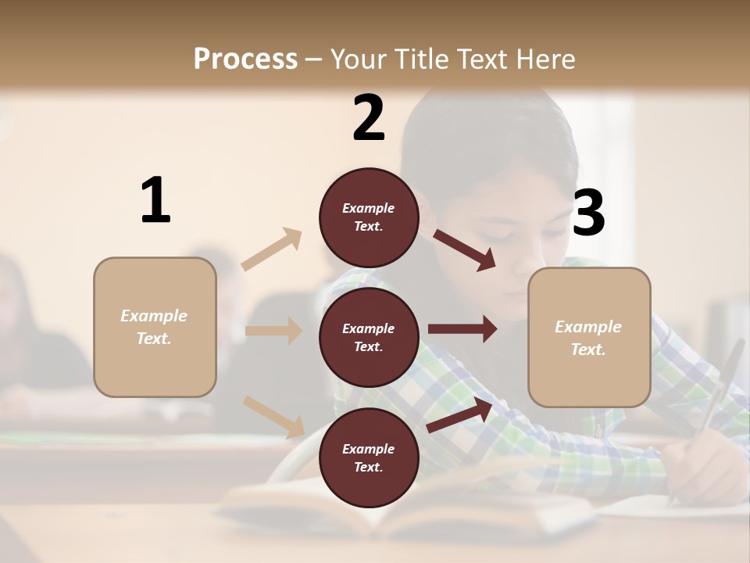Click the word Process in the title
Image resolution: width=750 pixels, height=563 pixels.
(245, 59)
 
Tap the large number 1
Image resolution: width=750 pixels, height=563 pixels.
(155, 200)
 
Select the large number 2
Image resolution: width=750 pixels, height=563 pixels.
(369, 118)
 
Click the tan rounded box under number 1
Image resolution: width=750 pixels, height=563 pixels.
(155, 327)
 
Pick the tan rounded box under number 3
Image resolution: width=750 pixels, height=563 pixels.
(589, 337)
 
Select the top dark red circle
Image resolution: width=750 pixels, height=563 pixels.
(369, 217)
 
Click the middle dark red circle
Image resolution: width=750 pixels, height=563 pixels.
(369, 337)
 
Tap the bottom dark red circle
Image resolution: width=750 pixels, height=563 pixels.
(369, 457)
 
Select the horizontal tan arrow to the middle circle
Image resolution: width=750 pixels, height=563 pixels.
(273, 331)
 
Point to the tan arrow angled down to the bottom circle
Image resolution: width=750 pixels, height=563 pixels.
(274, 417)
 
